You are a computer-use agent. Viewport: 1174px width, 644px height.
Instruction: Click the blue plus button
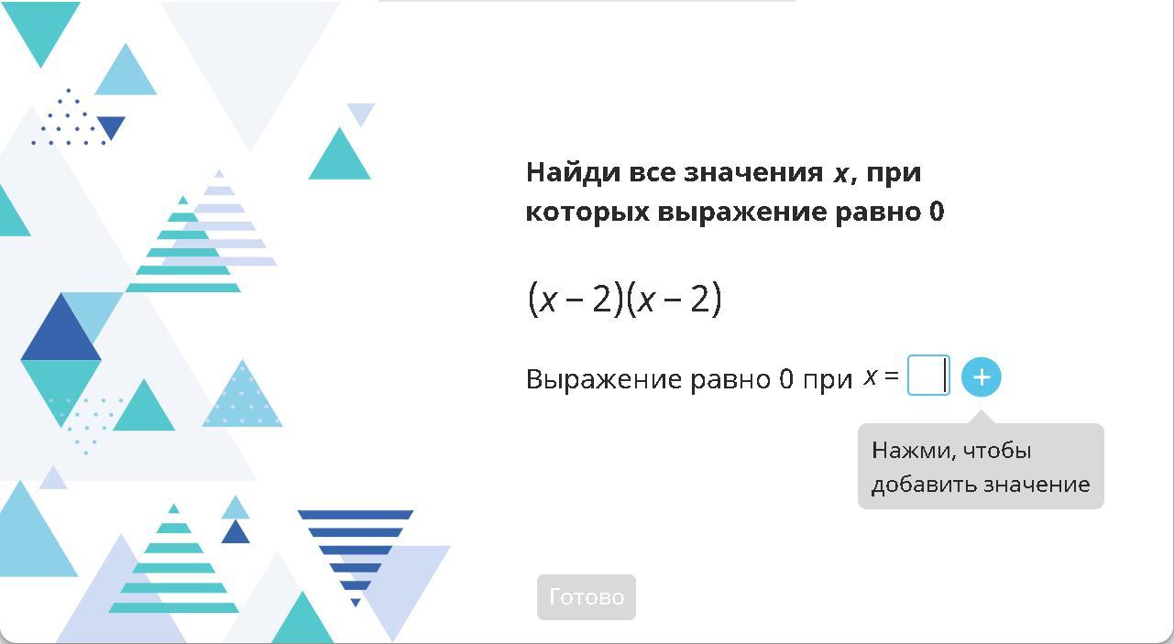point(982,377)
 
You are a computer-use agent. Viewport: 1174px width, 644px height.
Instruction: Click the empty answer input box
point(928,376)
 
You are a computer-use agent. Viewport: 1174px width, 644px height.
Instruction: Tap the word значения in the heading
point(753,173)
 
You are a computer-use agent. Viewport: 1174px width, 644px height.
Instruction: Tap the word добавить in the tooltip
point(924,485)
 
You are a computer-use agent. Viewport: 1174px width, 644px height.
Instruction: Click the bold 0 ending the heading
point(937,212)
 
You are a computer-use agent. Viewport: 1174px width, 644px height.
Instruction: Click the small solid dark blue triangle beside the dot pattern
point(111,126)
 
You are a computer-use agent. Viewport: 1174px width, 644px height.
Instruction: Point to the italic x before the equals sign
point(871,377)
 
